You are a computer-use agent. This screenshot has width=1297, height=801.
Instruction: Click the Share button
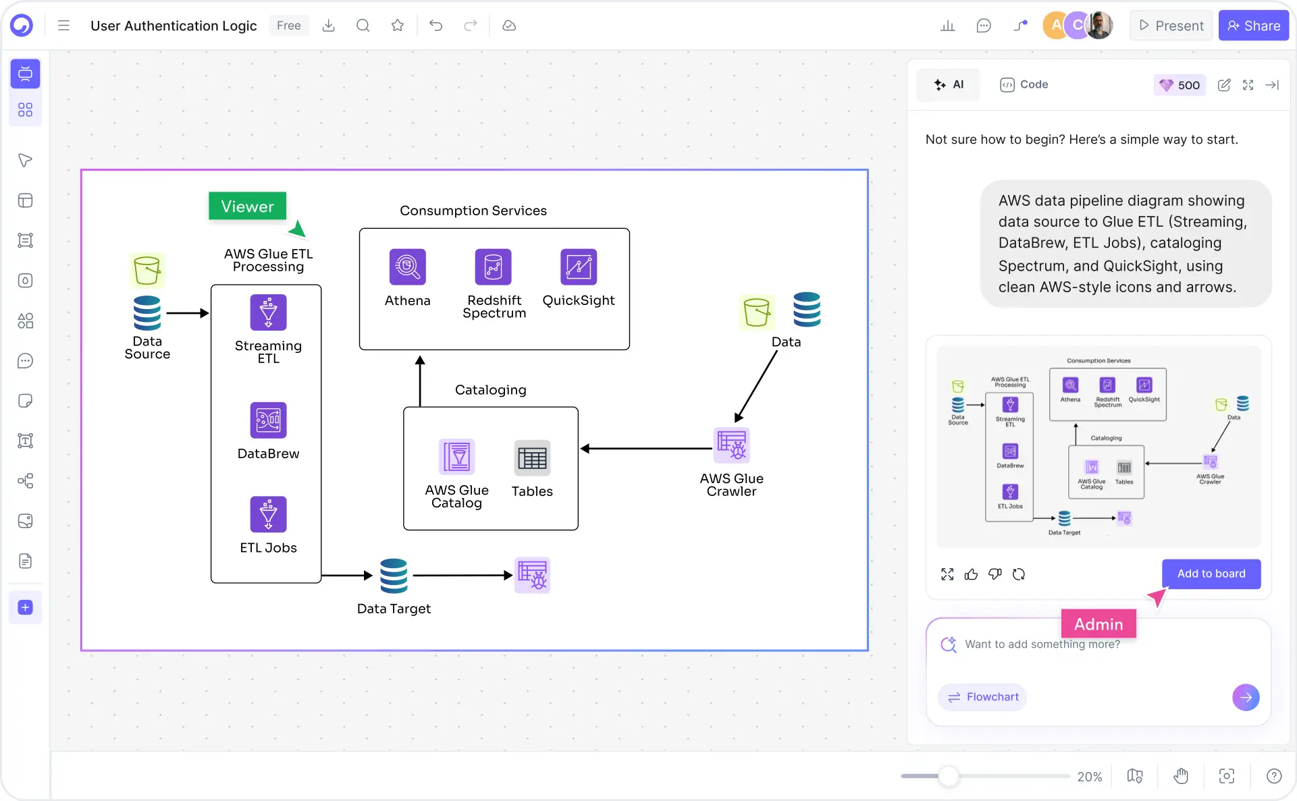click(1253, 26)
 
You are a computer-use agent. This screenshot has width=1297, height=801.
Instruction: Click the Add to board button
click(1211, 574)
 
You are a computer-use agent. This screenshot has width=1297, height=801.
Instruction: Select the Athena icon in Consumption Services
click(407, 267)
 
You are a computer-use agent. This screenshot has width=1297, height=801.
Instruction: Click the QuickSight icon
click(578, 267)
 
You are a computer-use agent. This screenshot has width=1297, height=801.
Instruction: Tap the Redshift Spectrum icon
click(493, 267)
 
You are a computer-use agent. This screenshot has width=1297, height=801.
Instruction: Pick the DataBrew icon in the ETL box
click(268, 420)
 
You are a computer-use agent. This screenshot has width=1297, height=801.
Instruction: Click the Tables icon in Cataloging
click(532, 459)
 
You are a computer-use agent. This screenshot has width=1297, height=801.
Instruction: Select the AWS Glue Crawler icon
click(732, 445)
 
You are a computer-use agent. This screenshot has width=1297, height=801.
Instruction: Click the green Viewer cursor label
click(247, 206)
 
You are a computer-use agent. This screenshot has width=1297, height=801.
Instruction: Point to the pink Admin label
click(1098, 624)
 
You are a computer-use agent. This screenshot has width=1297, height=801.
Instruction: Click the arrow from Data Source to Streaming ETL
click(187, 313)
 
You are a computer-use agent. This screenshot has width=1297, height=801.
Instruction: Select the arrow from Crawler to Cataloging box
click(647, 449)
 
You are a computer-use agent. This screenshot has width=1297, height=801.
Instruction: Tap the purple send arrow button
click(1245, 697)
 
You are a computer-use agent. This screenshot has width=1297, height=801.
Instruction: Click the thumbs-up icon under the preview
click(971, 574)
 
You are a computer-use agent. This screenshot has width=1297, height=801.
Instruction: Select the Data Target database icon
click(394, 576)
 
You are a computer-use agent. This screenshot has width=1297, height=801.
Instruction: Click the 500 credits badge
click(1180, 85)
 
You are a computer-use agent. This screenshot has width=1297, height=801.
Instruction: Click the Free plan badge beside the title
click(288, 26)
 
